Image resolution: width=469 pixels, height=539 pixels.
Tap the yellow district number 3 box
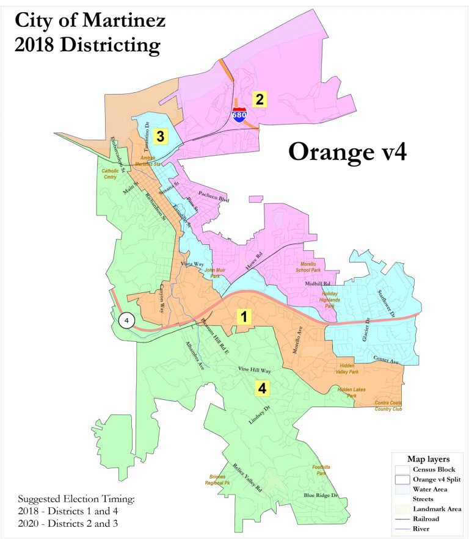tap(159, 136)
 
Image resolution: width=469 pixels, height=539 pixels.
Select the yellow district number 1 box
tap(244, 316)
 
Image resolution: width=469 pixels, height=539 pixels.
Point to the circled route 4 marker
tap(126, 320)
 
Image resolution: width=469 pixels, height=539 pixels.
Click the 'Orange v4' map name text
tap(347, 151)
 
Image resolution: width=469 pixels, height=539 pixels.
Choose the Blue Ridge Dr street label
tap(321, 495)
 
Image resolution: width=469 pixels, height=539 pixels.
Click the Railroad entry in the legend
tap(431, 518)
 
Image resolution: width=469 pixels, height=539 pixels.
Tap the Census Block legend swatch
tap(402, 469)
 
